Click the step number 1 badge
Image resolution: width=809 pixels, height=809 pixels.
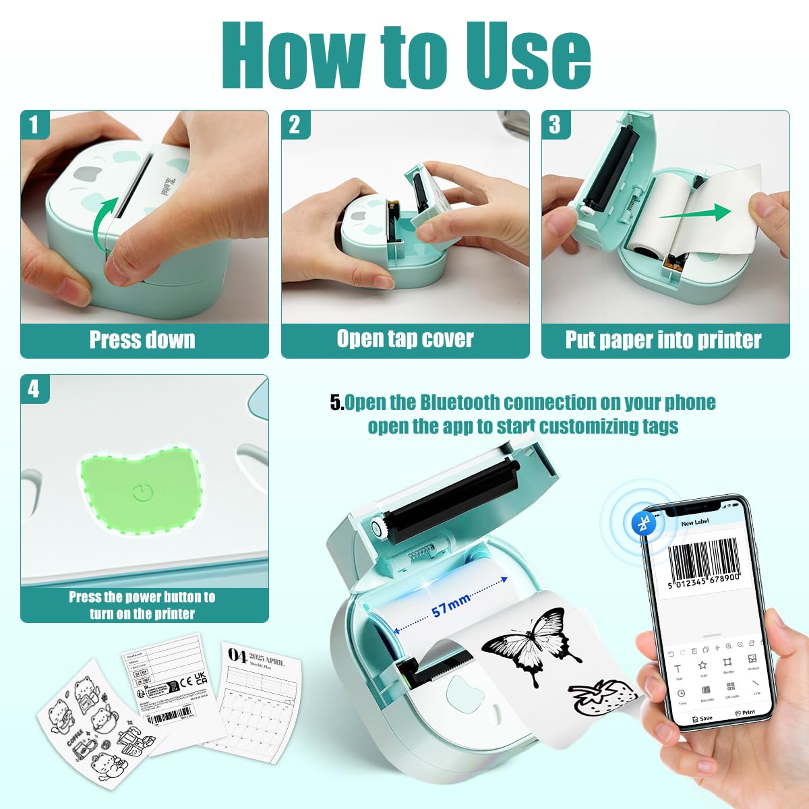34,124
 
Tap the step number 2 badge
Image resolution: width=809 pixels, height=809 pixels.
295,124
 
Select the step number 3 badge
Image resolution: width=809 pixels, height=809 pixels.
555,124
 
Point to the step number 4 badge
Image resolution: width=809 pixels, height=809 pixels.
34,389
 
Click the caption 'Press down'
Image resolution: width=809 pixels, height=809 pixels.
142,340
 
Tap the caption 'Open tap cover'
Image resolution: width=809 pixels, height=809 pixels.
405,338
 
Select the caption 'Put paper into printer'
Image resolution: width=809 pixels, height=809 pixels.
663,340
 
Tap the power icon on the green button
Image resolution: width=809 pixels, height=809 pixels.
141,493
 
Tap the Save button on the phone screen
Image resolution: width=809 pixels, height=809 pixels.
702,718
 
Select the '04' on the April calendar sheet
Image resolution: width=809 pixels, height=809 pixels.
237,655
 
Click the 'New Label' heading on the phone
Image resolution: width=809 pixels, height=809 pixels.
694,523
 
